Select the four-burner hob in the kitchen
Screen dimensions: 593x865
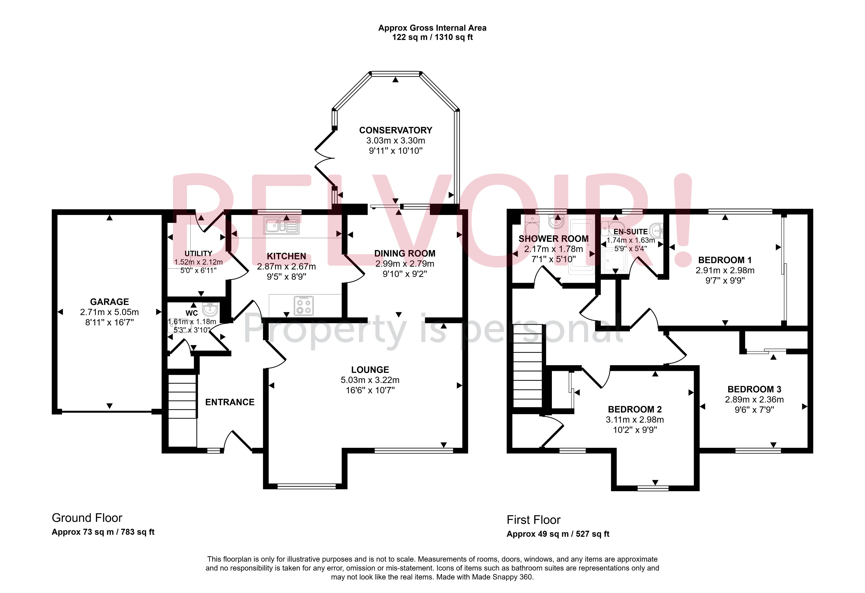(303, 306)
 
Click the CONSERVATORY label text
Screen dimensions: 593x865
(395, 130)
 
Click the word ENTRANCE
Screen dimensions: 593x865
(230, 402)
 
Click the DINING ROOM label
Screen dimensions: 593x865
(405, 253)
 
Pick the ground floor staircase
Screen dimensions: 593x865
(182, 409)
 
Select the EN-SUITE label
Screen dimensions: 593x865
(630, 232)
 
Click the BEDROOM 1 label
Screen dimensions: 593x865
(725, 260)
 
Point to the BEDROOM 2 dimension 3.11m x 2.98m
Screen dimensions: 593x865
(635, 420)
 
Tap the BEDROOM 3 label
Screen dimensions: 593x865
(754, 389)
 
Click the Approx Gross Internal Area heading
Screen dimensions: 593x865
(432, 28)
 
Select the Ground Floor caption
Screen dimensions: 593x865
(87, 518)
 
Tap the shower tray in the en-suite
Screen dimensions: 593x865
(615, 260)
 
